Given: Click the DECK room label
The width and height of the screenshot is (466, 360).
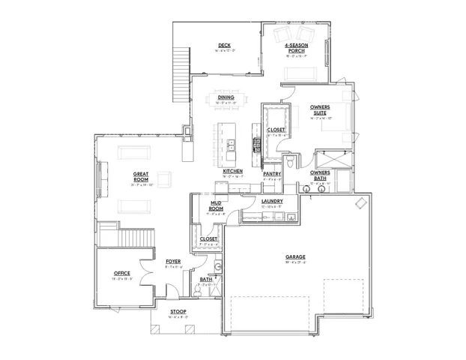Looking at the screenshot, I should [223, 44].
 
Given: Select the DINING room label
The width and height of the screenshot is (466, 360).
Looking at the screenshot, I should [226, 97].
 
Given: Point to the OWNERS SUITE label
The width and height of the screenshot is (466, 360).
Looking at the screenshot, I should [320, 109].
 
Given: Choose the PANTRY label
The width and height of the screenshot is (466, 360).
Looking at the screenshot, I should [271, 174].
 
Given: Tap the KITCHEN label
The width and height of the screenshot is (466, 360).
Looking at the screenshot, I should [232, 171].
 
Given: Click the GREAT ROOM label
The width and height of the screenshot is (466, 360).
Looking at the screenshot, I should [140, 177].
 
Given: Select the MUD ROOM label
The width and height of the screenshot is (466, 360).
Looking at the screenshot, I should [215, 205].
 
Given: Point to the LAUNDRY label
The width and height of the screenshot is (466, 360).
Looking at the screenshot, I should [271, 201].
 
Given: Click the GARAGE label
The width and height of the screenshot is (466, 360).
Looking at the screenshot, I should [294, 256].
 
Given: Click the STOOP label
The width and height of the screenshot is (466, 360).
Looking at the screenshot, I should [178, 311].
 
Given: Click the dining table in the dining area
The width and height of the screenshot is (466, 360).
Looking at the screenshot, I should [226, 104].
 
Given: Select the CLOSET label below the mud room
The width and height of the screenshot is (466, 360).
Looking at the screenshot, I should [208, 239].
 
